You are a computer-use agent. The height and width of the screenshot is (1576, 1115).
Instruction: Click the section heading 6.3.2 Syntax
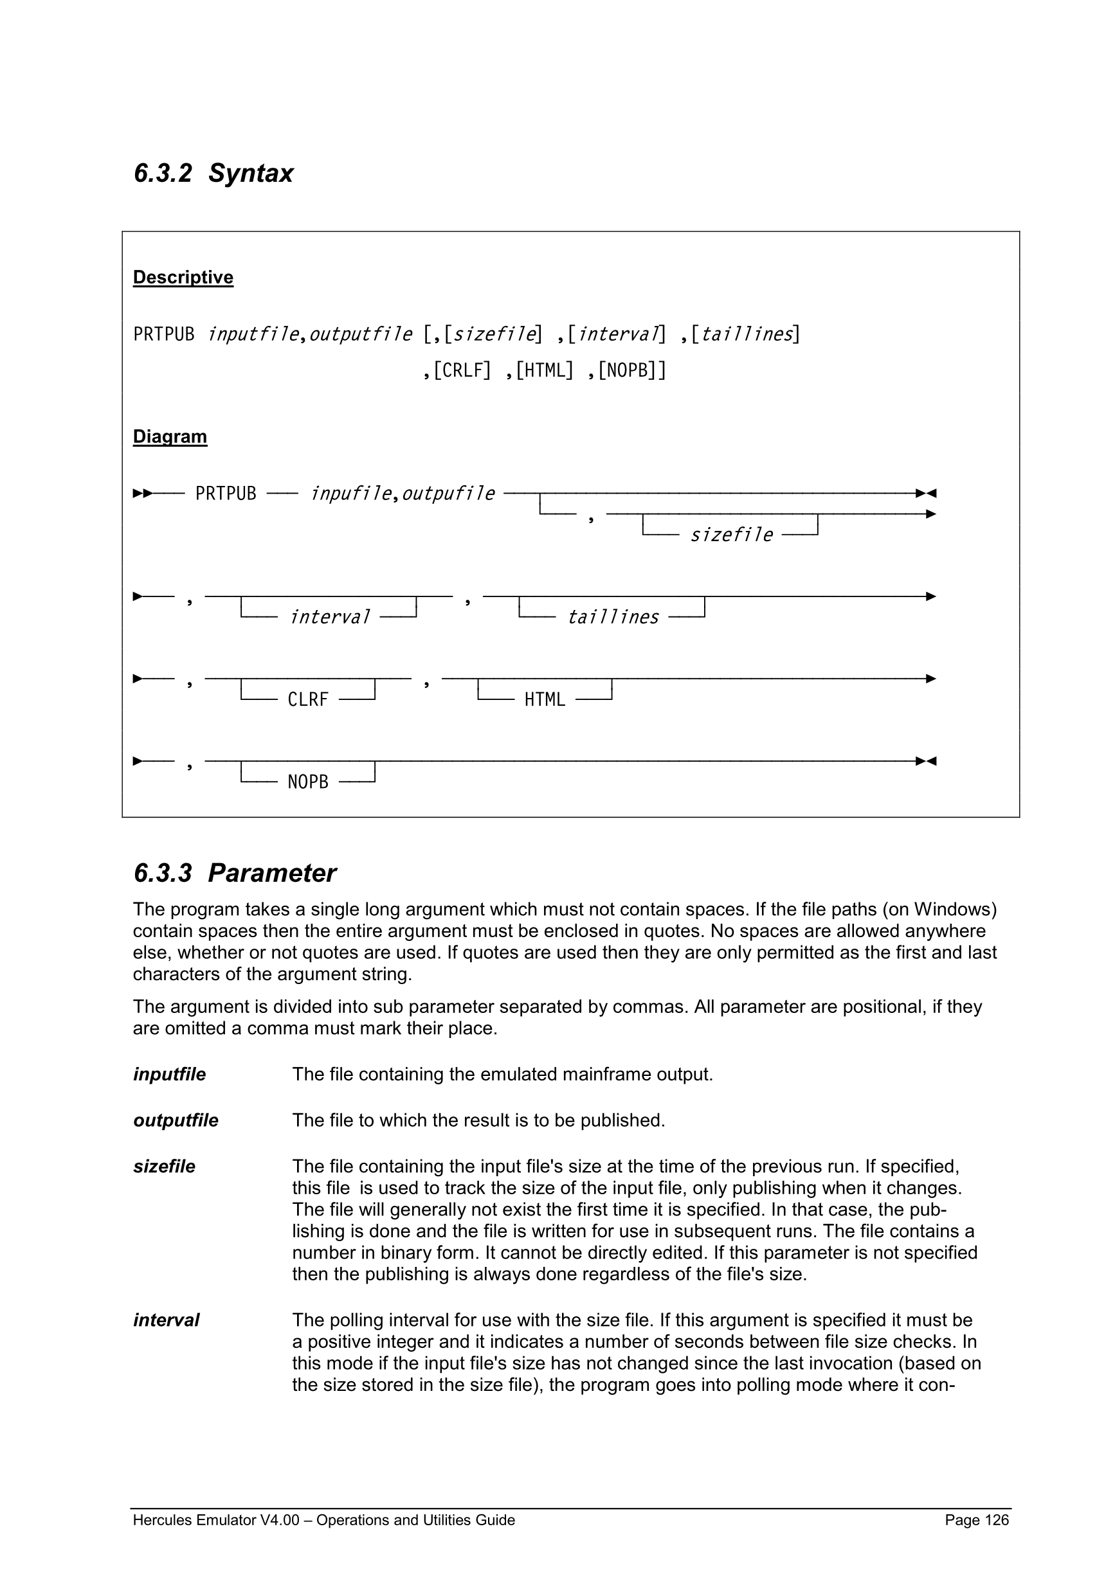(x=213, y=173)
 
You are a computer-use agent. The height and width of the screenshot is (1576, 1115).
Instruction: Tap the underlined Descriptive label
(x=183, y=277)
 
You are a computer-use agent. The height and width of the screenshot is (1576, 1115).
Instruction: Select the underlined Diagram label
(x=170, y=436)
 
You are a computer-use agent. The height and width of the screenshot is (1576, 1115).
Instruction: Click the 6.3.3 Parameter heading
(x=234, y=873)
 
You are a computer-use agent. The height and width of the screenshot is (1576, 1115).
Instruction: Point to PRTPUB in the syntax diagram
(x=225, y=494)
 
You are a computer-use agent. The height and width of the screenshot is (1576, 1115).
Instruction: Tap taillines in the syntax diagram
(x=612, y=618)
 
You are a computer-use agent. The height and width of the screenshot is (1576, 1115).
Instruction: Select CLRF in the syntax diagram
(x=307, y=700)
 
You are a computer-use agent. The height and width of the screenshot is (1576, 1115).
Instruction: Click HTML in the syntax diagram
(x=545, y=700)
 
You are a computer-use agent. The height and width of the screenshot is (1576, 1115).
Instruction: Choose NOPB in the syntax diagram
(x=307, y=782)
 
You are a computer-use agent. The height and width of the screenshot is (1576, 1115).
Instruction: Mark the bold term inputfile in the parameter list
(x=169, y=1074)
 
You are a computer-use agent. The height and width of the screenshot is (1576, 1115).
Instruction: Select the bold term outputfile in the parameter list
(x=175, y=1120)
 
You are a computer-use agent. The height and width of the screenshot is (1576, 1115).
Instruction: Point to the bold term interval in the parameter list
(x=166, y=1320)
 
